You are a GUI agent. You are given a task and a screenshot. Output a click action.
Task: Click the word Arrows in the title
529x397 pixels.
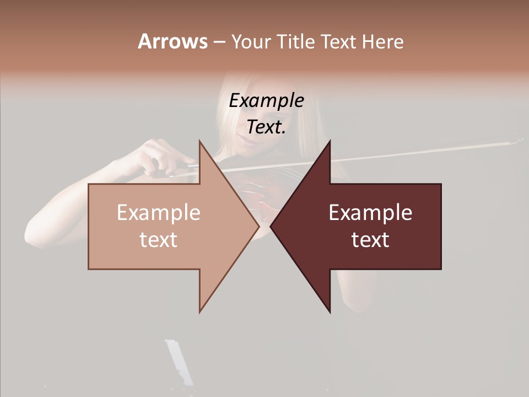pos(172,41)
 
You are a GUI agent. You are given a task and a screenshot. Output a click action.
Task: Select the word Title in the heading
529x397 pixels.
pos(295,41)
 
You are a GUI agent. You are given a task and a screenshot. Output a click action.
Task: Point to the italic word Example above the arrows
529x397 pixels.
pos(266,101)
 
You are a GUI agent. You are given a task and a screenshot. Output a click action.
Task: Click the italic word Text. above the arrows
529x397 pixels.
pos(266,127)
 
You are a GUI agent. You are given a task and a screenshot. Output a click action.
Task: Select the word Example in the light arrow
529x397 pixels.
pos(158,213)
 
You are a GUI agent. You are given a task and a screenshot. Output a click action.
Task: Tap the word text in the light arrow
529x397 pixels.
pos(158,240)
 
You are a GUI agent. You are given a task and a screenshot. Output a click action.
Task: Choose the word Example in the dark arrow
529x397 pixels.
pos(370,213)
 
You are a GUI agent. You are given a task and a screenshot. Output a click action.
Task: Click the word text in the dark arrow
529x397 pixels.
pos(370,240)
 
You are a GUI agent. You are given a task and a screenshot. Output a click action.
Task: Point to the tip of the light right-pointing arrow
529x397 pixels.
pos(258,226)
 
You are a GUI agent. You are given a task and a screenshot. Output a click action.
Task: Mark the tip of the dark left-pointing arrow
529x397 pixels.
pos(271,226)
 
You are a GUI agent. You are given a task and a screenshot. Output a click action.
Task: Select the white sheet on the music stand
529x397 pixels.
pos(179,361)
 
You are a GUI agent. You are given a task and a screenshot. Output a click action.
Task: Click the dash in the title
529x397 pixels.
pos(219,42)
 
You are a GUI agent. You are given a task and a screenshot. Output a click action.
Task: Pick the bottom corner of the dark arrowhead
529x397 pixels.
pos(330,312)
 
